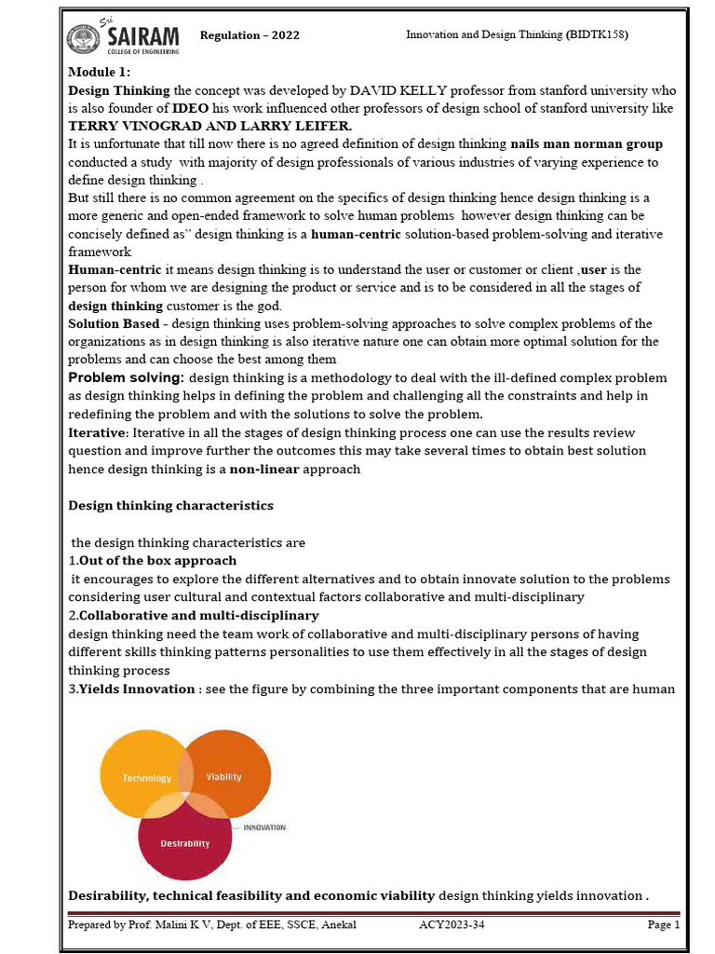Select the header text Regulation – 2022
point(250,35)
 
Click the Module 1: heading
point(100,73)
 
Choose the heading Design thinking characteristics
point(171,505)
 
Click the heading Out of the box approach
point(157,561)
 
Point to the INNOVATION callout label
point(264,827)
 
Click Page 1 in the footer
point(664,925)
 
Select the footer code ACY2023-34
point(452,925)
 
